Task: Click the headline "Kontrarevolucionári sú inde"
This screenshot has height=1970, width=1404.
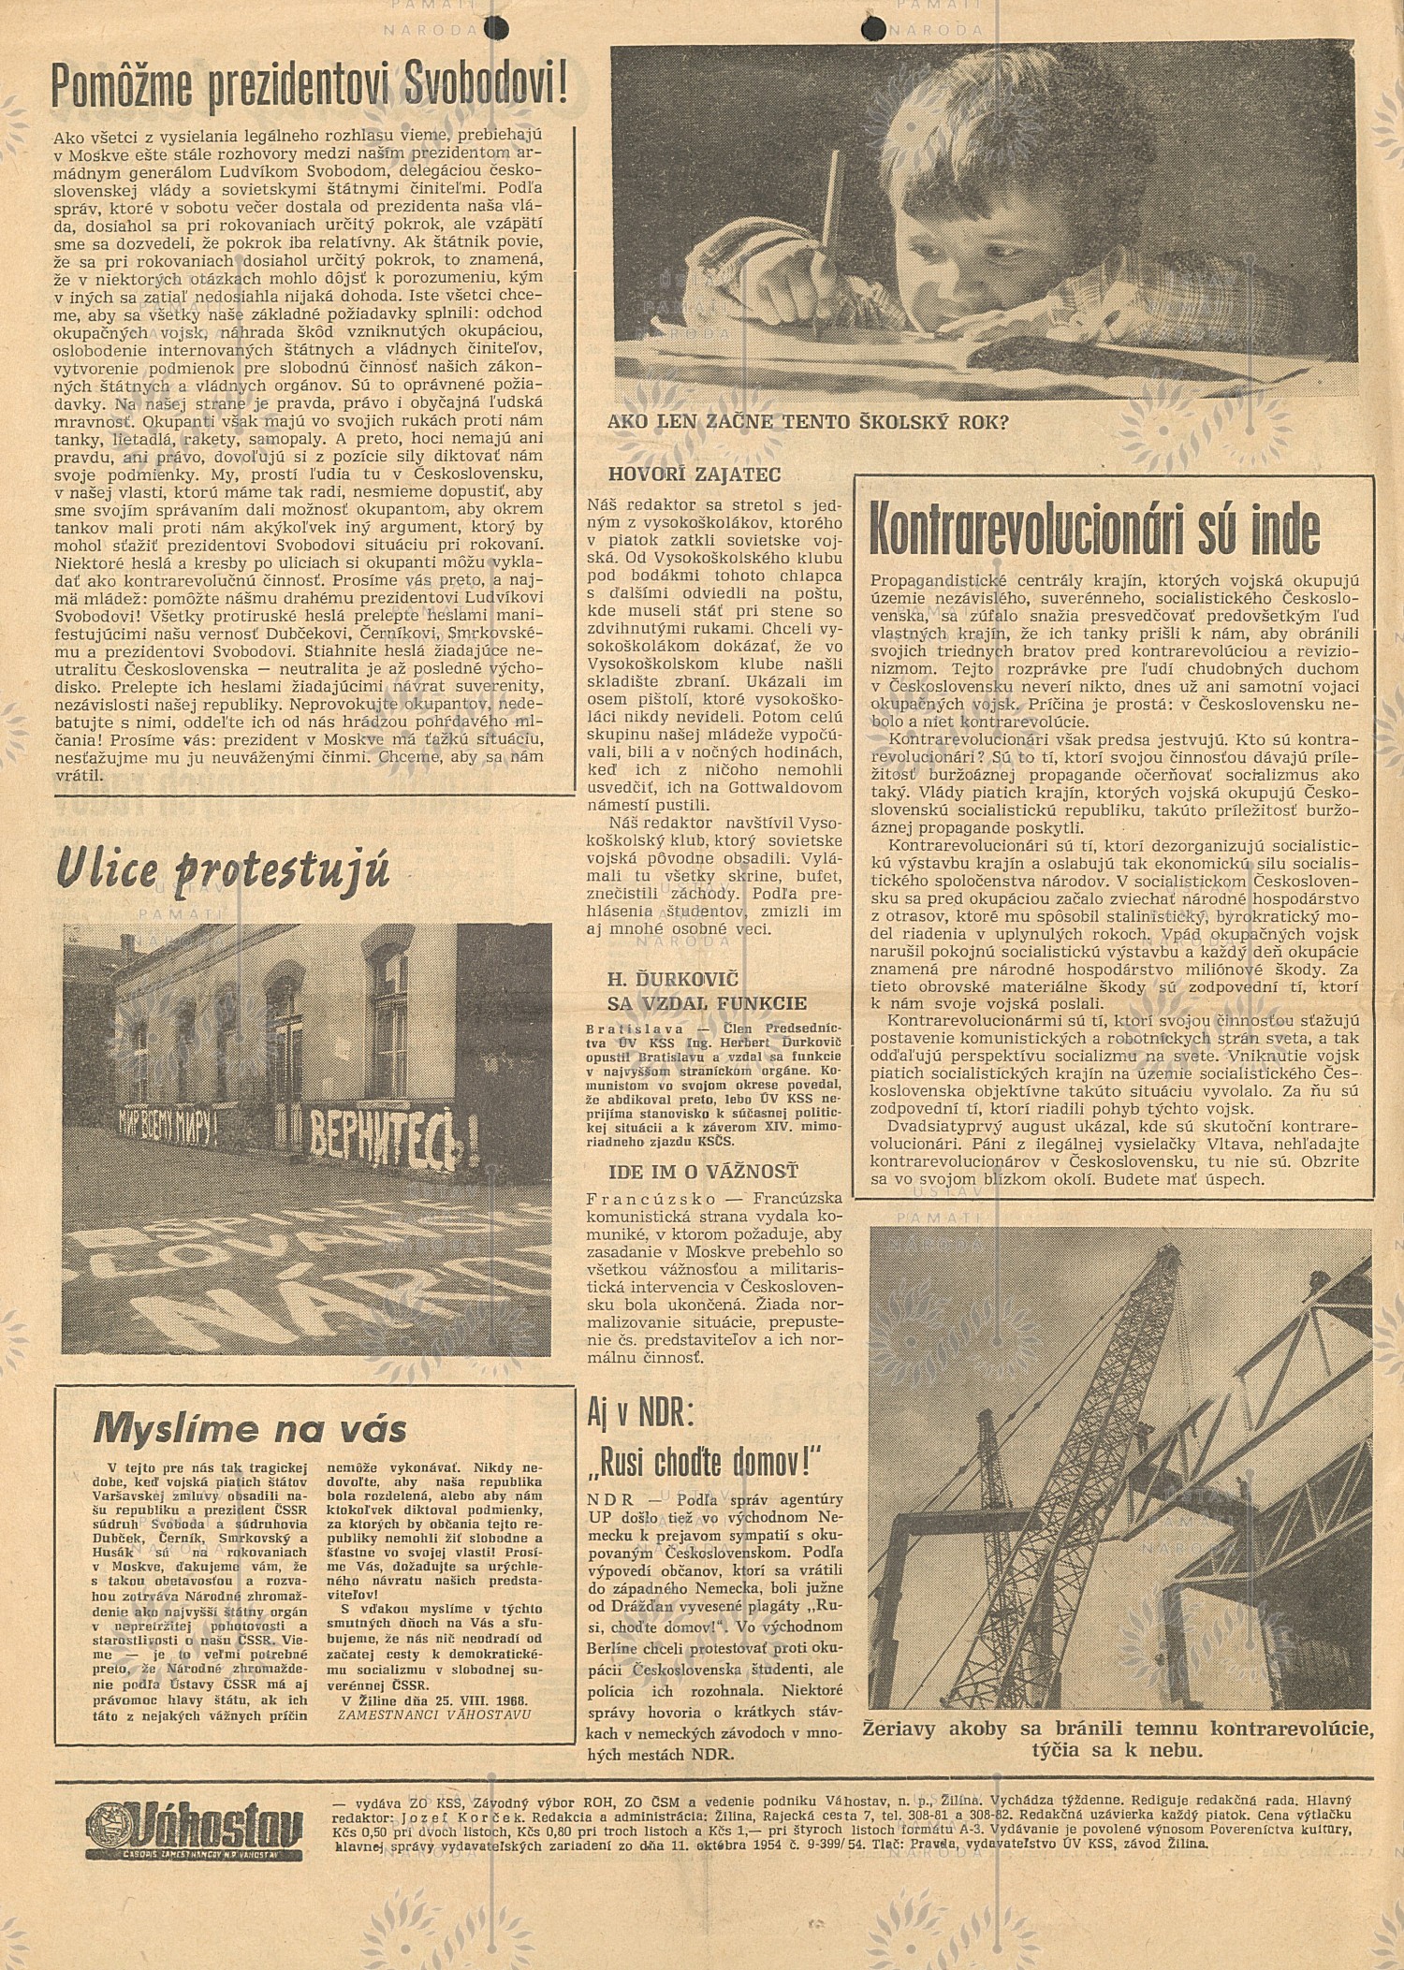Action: (1094, 529)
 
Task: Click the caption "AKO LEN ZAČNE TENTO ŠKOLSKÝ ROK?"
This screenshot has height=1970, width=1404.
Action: (807, 422)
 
